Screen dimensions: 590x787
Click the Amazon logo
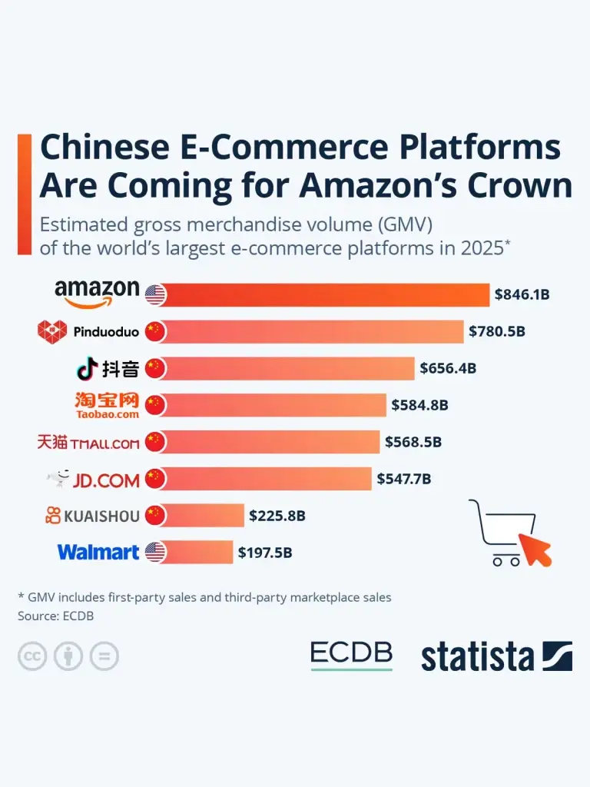pyautogui.click(x=97, y=294)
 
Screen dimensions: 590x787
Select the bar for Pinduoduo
pyautogui.click(x=312, y=332)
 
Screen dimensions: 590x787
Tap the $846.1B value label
pyautogui.click(x=522, y=294)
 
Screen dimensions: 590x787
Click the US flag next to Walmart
pyautogui.click(x=155, y=552)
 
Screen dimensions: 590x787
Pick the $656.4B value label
pyautogui.click(x=448, y=368)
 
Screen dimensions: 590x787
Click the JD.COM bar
pyautogui.click(x=266, y=479)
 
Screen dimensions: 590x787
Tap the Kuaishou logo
pyautogui.click(x=92, y=516)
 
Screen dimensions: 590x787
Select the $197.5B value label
pyautogui.click(x=265, y=553)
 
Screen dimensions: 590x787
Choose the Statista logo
pyautogui.click(x=497, y=656)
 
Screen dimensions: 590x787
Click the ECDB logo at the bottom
pyautogui.click(x=351, y=655)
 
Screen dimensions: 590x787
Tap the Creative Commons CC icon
pyautogui.click(x=32, y=656)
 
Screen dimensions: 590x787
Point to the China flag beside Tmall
pyautogui.click(x=155, y=442)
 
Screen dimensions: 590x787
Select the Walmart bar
pyautogui.click(x=197, y=552)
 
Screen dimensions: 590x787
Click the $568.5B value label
pyautogui.click(x=413, y=442)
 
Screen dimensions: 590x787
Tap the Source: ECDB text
pyautogui.click(x=55, y=616)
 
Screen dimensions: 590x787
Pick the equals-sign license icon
pyautogui.click(x=104, y=656)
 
